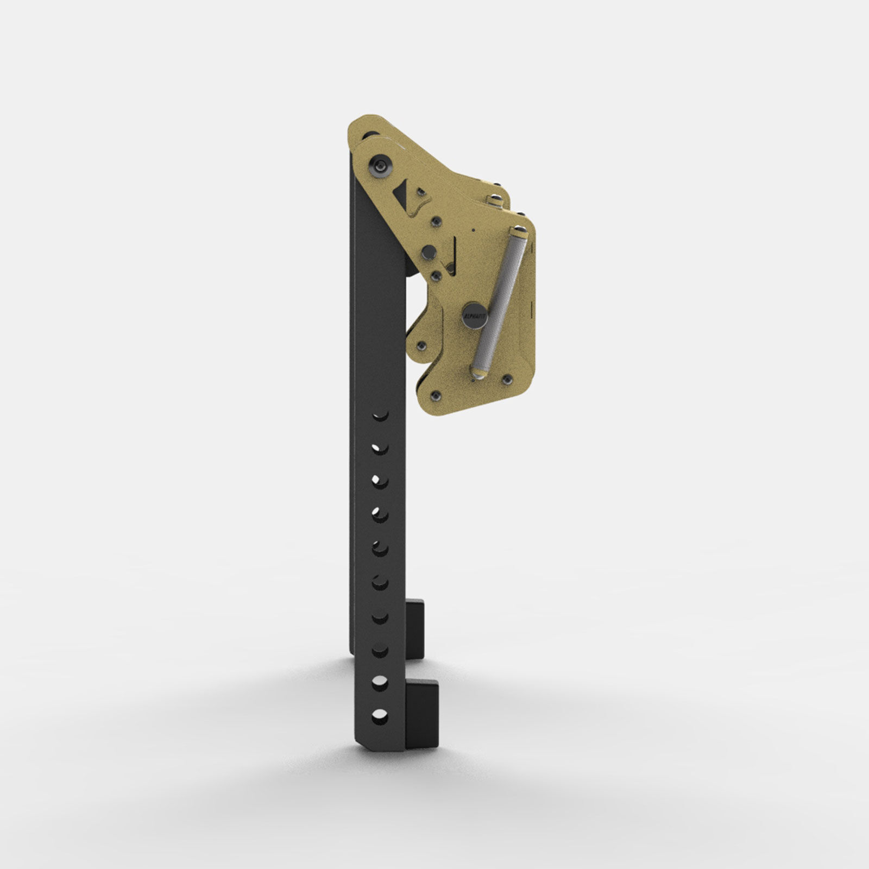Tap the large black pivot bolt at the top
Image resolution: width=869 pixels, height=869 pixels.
pyautogui.click(x=380, y=167)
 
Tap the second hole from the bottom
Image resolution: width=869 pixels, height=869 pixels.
pyautogui.click(x=380, y=682)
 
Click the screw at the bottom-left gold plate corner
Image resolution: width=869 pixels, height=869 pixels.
pyautogui.click(x=436, y=393)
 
